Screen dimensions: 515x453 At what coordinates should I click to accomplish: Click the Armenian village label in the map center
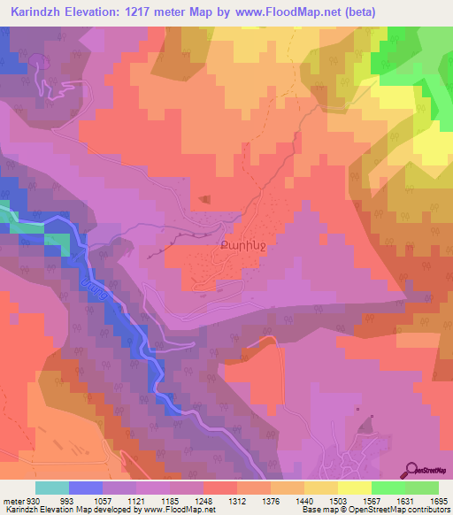click(x=238, y=237)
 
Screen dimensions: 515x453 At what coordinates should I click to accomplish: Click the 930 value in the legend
click(x=31, y=501)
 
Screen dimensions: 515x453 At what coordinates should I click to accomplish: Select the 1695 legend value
click(x=438, y=501)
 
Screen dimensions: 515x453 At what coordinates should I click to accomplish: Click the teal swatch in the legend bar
click(x=52, y=488)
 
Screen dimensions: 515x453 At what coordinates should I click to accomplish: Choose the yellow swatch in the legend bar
click(x=354, y=488)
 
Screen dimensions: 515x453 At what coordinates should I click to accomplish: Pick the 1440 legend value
click(x=303, y=501)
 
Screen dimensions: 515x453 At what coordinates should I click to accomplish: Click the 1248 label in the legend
click(x=203, y=501)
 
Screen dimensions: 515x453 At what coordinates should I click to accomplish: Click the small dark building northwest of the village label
click(x=205, y=199)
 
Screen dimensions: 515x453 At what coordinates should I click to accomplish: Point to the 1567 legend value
click(x=371, y=501)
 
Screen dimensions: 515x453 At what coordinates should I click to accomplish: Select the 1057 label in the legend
click(x=102, y=501)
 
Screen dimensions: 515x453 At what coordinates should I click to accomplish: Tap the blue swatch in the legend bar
click(x=86, y=488)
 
